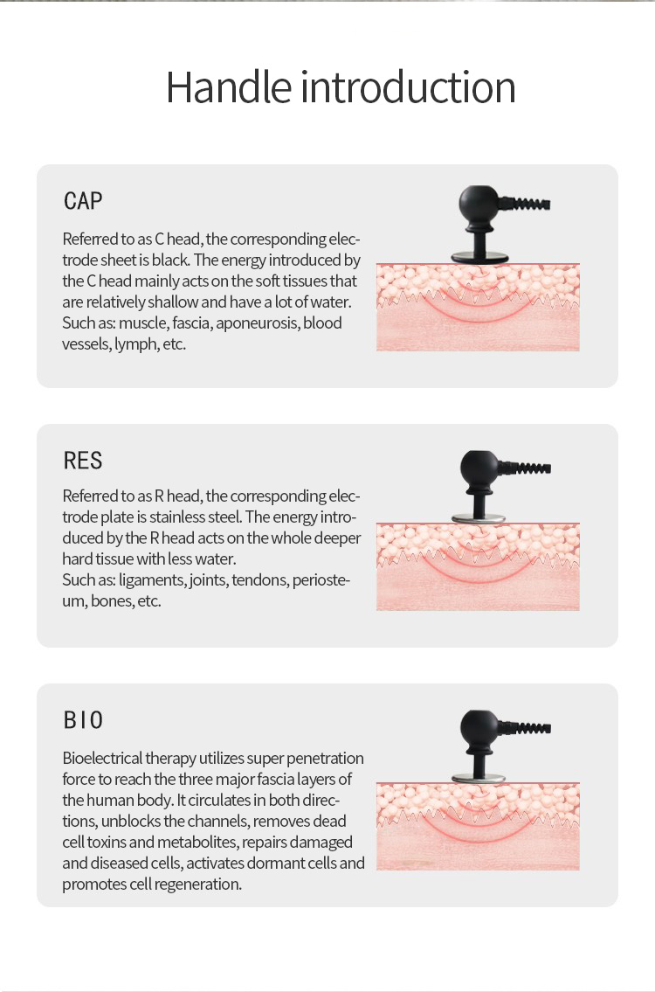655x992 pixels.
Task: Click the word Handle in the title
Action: coord(228,87)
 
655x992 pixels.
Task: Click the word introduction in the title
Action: coord(409,87)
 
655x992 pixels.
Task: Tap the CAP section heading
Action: coord(83,201)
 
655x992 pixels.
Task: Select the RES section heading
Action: coord(83,461)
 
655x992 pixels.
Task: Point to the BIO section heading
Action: coord(83,720)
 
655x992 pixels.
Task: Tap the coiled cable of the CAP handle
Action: coord(525,204)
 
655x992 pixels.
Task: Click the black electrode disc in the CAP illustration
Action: coord(479,257)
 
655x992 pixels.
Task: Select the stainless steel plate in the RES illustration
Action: coord(479,517)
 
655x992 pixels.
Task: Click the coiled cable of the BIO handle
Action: coord(526,727)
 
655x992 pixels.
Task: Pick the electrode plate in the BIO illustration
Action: coord(479,778)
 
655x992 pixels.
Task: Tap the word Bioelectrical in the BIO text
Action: coord(102,758)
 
